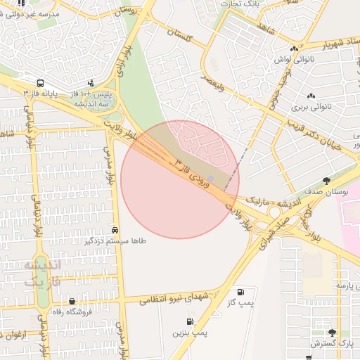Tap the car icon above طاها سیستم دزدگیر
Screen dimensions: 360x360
pyautogui.click(x=115, y=231)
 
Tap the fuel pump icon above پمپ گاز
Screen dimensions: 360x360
pyautogui.click(x=241, y=291)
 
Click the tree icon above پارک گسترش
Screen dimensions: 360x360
pyautogui.click(x=332, y=333)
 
